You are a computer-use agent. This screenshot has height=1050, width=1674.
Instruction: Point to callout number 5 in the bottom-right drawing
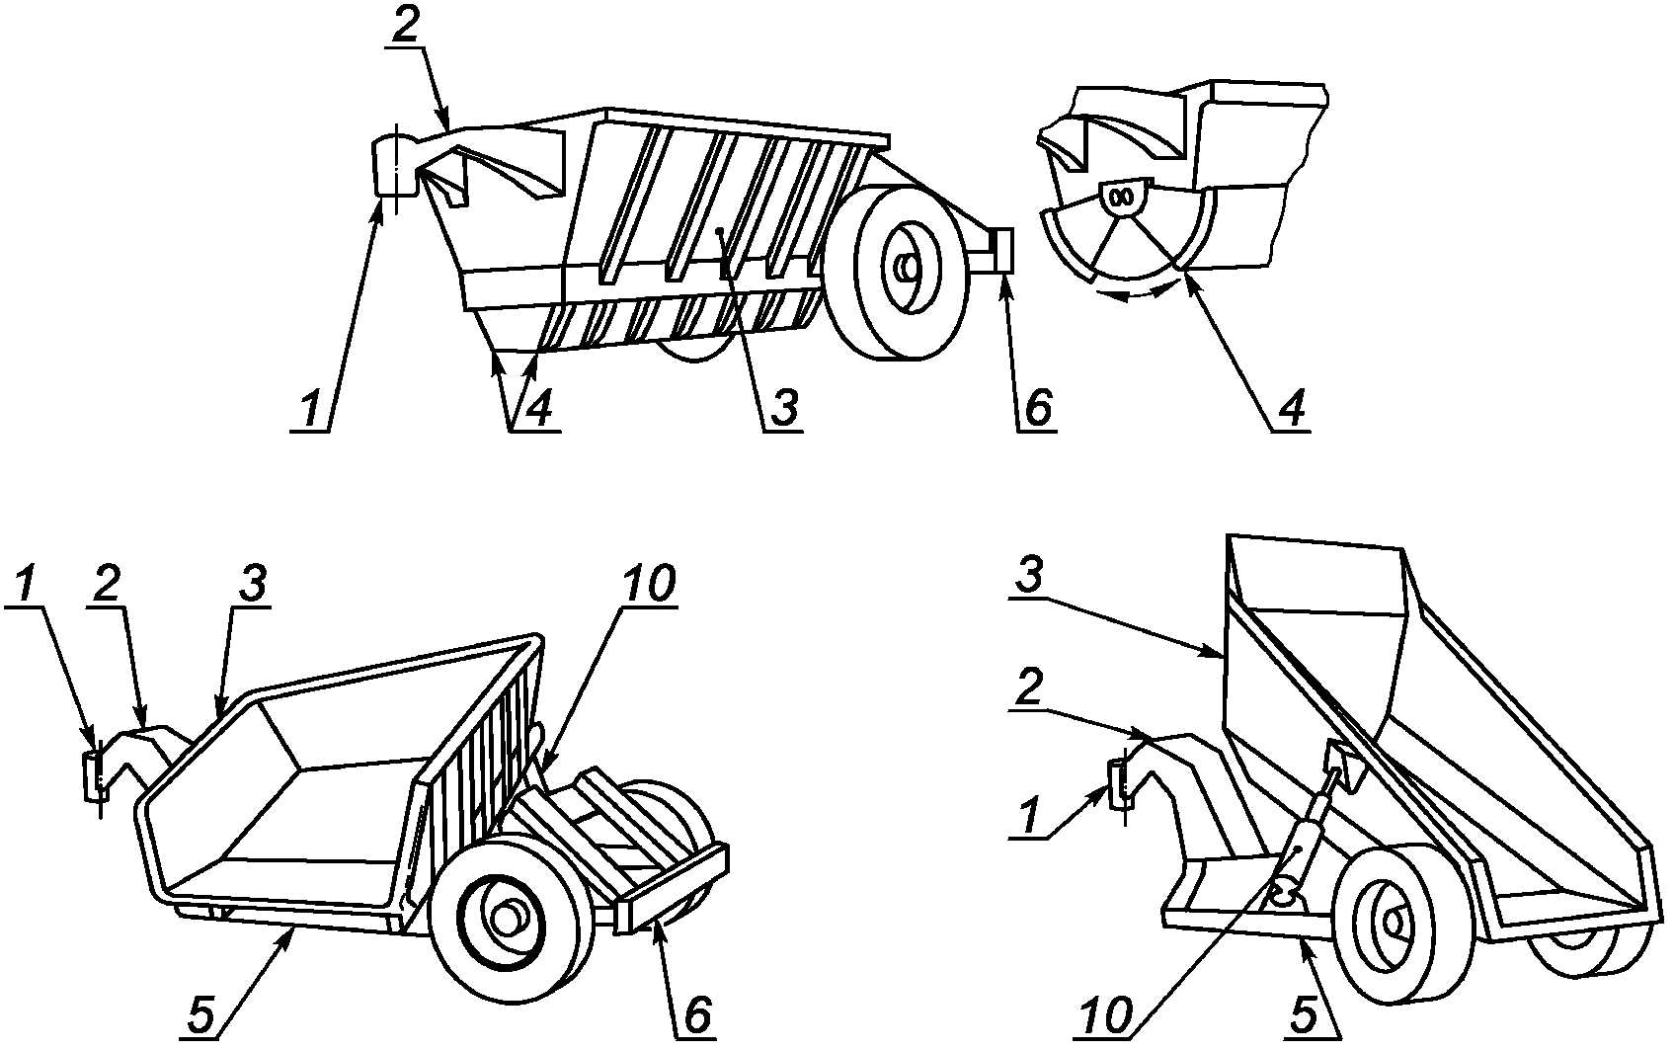(1304, 1016)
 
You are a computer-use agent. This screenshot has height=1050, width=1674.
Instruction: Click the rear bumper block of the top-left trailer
(1002, 251)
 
